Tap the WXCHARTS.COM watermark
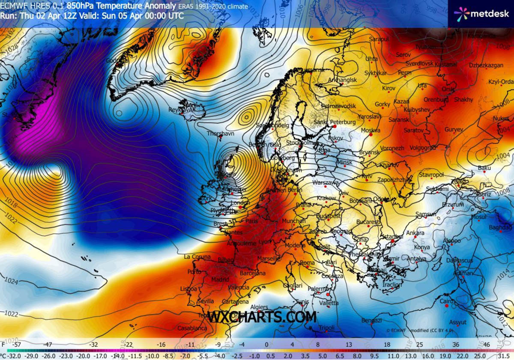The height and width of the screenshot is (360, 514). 263,317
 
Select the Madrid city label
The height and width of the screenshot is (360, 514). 220,280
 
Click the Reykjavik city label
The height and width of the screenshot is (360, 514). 182,110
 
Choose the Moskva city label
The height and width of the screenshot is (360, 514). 371,130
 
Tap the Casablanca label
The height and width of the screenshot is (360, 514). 192,328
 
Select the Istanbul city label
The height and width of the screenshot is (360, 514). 392,237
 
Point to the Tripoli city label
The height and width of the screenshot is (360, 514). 326,328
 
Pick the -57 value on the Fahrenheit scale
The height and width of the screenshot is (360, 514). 17,344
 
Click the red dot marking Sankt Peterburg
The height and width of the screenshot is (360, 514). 335,127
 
